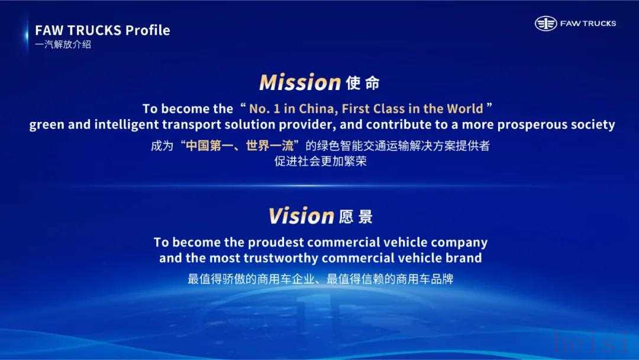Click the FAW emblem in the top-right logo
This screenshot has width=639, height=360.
(546, 24)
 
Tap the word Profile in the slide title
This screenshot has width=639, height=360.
(147, 30)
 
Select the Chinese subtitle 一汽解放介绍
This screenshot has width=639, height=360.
(63, 44)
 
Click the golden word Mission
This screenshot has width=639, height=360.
(300, 82)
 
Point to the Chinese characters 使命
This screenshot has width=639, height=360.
(363, 83)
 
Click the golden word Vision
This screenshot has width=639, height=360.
(302, 216)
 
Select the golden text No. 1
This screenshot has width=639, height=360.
(264, 109)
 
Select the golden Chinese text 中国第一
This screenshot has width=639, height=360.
(209, 146)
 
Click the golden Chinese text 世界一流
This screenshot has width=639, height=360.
(269, 146)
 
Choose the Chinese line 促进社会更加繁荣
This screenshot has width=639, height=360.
(320, 161)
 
